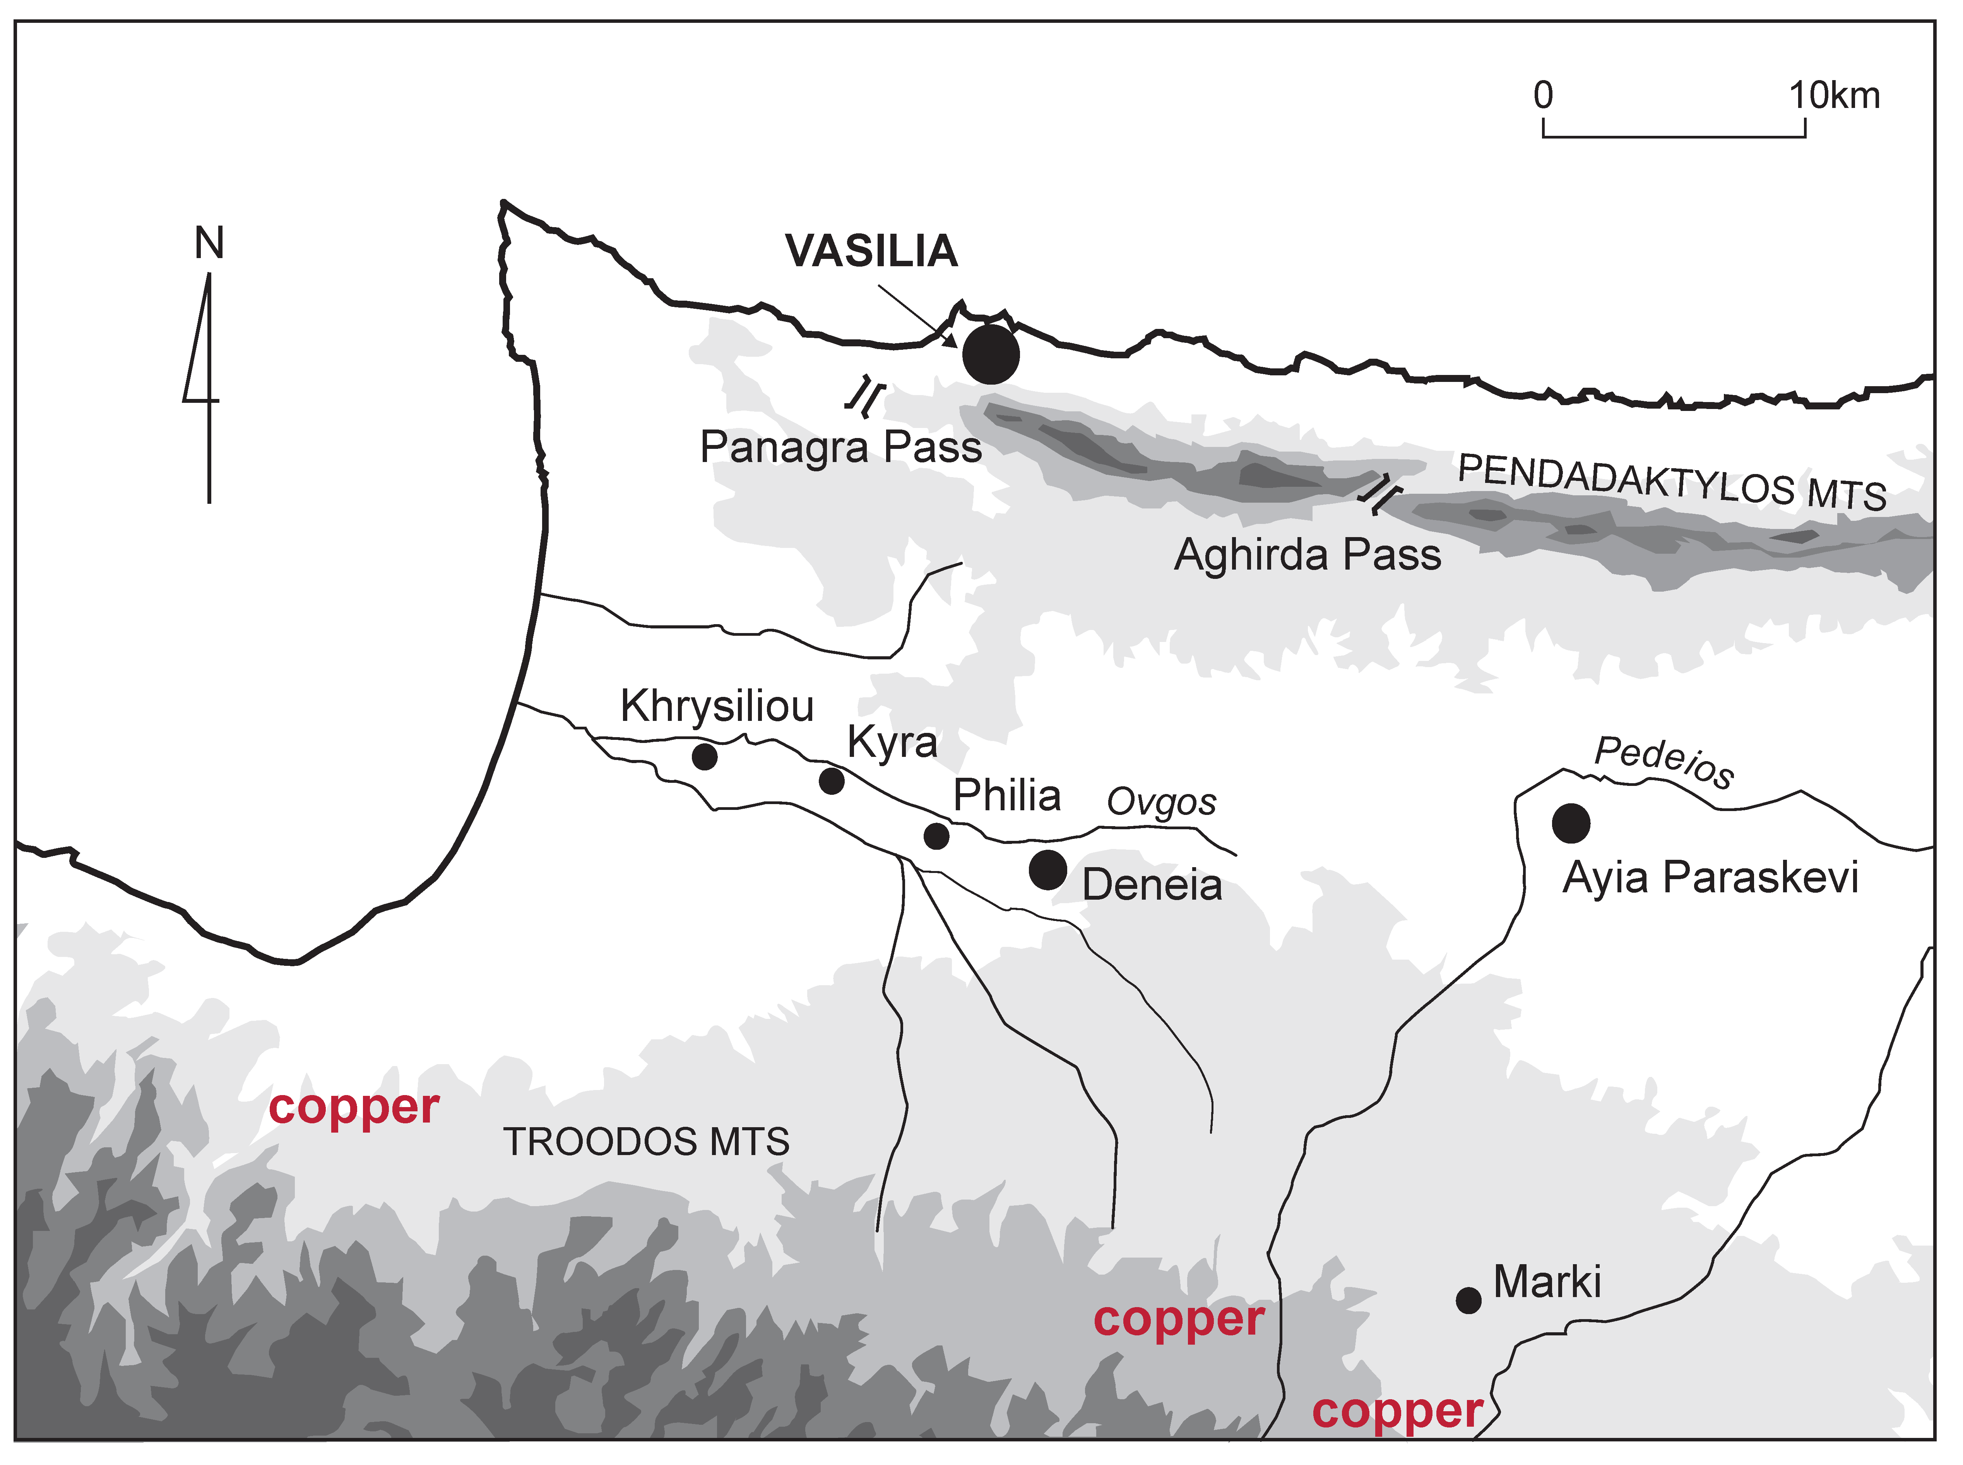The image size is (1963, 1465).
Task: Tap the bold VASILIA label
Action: click(871, 251)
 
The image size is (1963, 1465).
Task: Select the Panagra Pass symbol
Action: click(864, 396)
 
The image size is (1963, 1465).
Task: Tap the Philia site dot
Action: click(936, 835)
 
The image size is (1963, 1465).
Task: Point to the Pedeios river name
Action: click(1664, 762)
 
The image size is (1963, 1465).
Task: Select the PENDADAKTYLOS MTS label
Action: click(1671, 483)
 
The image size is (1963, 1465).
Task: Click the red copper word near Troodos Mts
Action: click(354, 1107)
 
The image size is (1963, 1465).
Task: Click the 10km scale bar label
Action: click(1833, 95)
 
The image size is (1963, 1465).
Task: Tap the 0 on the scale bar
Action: click(1544, 95)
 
